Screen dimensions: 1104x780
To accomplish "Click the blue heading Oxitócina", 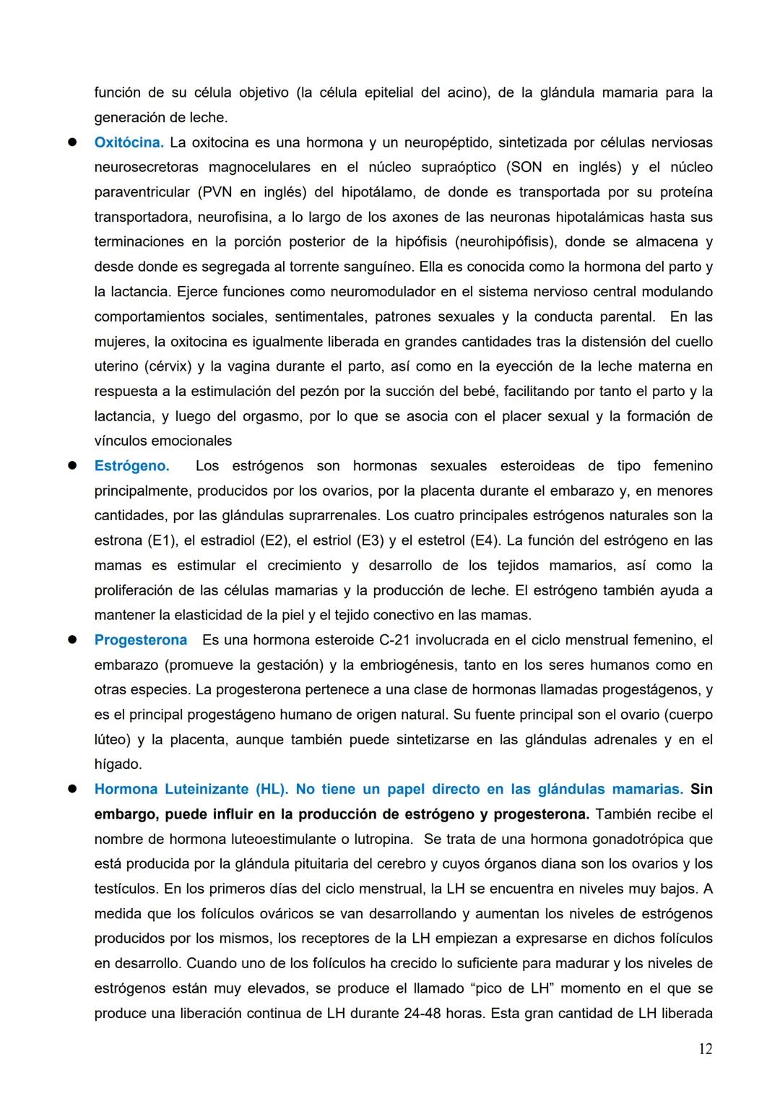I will (x=129, y=142).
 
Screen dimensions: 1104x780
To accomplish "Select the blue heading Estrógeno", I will (x=131, y=466).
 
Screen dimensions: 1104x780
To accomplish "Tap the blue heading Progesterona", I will (x=140, y=640).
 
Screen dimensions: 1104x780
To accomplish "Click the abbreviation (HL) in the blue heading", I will (x=272, y=789).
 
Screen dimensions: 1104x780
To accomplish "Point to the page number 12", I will (x=705, y=1049).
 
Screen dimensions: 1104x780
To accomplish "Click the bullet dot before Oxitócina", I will (x=72, y=142).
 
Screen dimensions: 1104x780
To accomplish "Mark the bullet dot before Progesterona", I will (x=72, y=640).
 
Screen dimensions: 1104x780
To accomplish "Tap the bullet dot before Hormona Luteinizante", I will (x=72, y=789).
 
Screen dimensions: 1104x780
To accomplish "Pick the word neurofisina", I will (x=233, y=217).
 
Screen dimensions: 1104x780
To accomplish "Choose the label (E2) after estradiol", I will (x=274, y=540).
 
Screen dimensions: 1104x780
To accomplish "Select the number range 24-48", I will (x=423, y=1014).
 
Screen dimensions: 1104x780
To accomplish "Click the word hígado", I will (x=118, y=764).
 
